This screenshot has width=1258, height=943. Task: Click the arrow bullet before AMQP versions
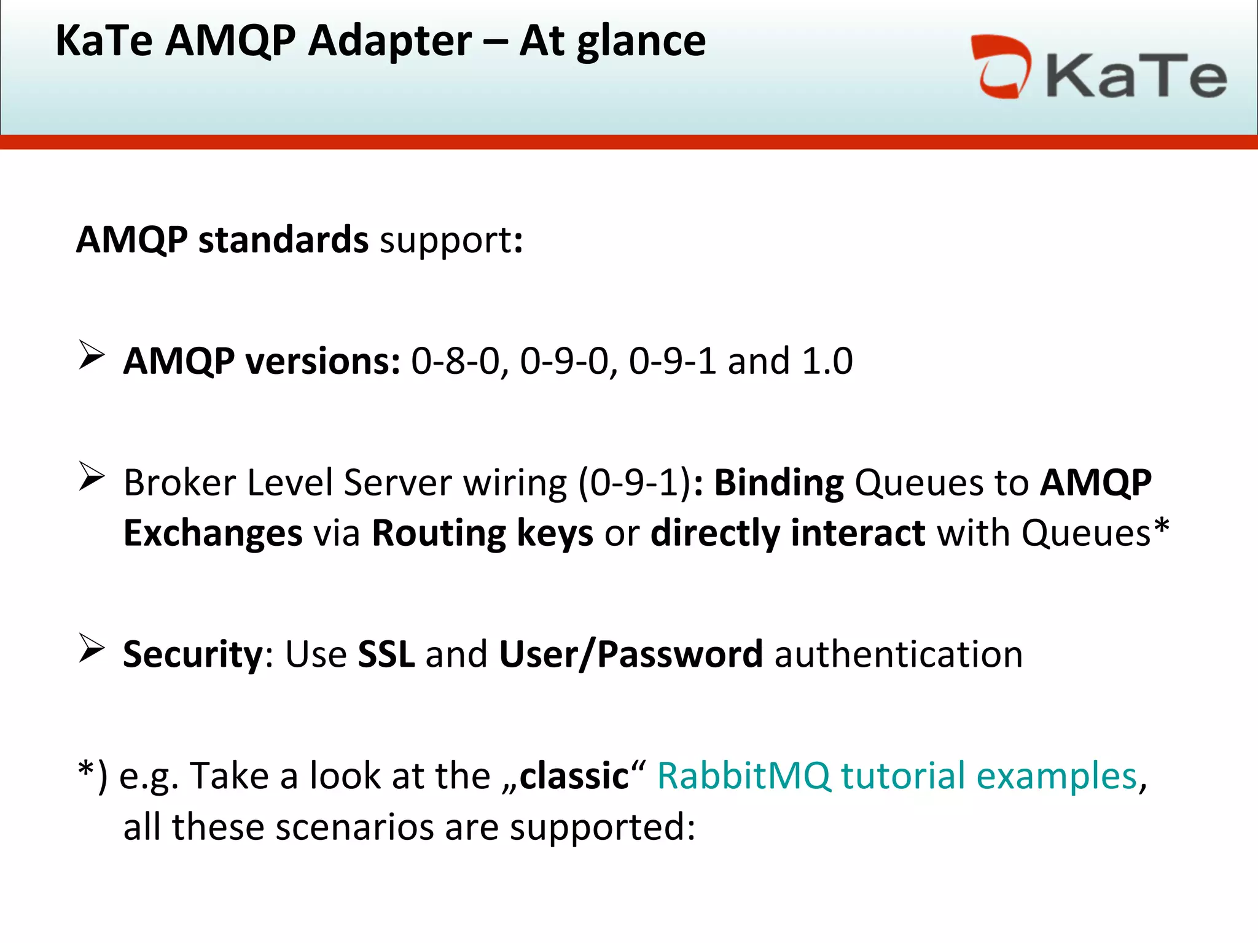92,355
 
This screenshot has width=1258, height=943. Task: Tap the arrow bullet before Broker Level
92,477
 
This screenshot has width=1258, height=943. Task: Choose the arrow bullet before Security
92,649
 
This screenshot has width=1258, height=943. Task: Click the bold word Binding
779,483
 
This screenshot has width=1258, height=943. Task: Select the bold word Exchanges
213,533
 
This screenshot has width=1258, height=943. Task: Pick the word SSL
386,654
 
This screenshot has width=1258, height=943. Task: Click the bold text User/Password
631,654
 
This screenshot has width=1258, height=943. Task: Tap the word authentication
899,654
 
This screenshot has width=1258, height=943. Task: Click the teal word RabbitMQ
743,776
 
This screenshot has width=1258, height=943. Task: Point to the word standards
283,239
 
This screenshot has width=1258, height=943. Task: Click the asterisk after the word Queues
1161,527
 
